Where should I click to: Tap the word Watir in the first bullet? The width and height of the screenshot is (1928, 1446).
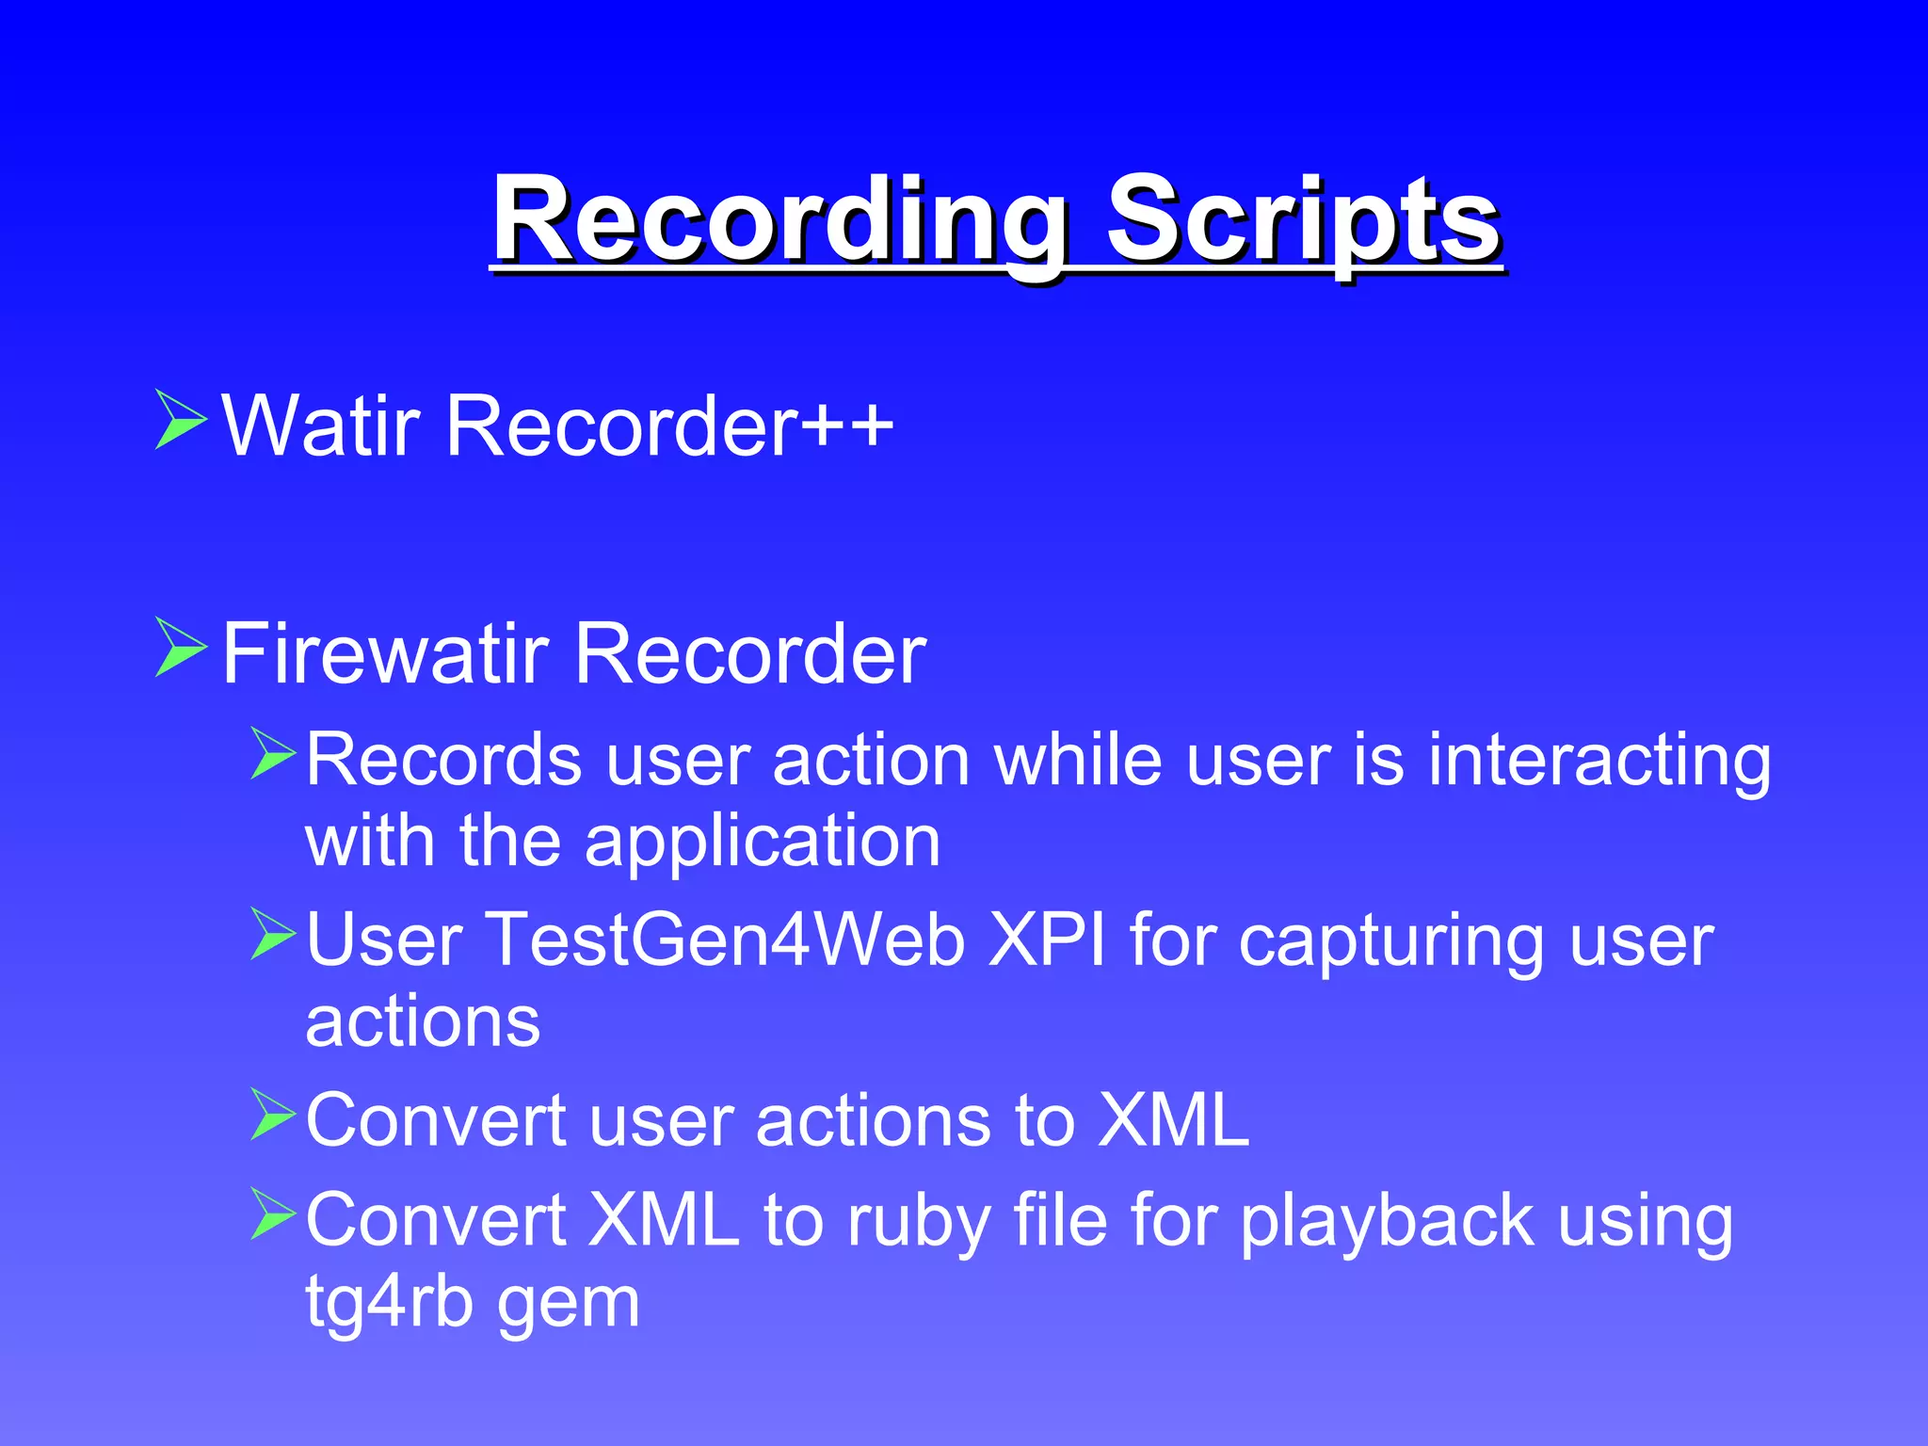pyautogui.click(x=320, y=426)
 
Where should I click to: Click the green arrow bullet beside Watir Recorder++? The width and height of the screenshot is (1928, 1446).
pyautogui.click(x=180, y=420)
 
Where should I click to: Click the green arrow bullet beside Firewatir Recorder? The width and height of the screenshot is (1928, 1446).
pyautogui.click(x=180, y=648)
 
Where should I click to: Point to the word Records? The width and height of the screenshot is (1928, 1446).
pyautogui.click(x=443, y=759)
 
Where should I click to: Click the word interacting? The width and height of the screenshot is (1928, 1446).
pyautogui.click(x=1599, y=759)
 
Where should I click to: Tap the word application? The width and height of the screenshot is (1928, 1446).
pyautogui.click(x=763, y=840)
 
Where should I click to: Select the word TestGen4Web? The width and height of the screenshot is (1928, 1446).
pyautogui.click(x=725, y=940)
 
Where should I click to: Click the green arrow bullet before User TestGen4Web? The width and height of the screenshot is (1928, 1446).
pyautogui.click(x=274, y=934)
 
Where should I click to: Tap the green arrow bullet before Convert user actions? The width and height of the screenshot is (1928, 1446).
pyautogui.click(x=274, y=1115)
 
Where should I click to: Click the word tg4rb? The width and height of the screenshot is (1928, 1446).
pyautogui.click(x=389, y=1303)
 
